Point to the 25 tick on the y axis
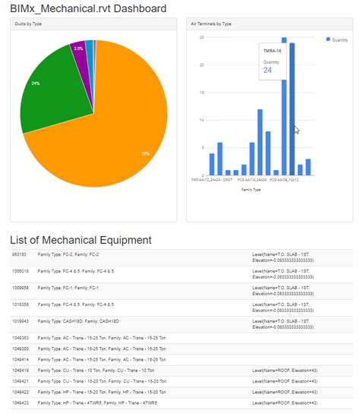point(202,37)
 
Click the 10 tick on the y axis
point(202,120)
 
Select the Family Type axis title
point(251,190)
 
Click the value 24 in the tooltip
point(267,70)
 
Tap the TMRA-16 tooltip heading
point(272,51)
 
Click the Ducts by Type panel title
point(30,24)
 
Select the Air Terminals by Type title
point(211,24)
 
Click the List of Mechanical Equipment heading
point(81,240)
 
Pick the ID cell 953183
point(20,255)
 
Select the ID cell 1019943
point(21,321)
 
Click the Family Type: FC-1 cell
point(74,288)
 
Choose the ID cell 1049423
point(21,402)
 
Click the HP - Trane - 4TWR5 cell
point(95,402)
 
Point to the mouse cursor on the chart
point(296,130)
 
